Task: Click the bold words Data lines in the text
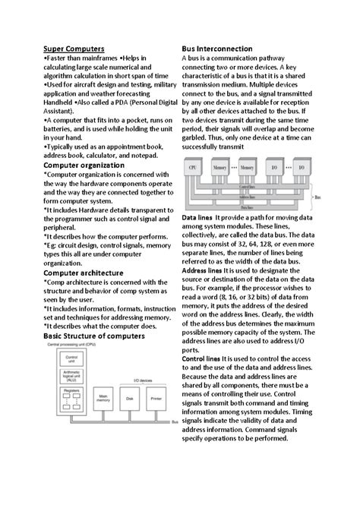coord(197,218)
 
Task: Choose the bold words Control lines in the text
coord(201,357)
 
